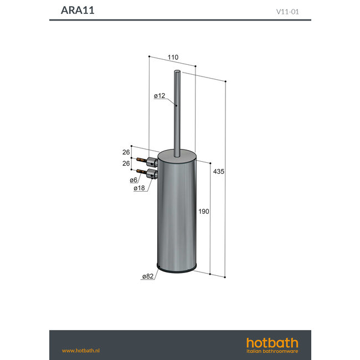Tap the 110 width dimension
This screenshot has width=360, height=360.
point(172,58)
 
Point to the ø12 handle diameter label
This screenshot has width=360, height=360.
point(160,96)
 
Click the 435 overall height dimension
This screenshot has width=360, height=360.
point(218,172)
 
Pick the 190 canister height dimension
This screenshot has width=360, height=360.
point(203,212)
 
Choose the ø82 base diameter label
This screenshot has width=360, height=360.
point(148,276)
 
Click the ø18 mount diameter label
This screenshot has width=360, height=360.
point(140,188)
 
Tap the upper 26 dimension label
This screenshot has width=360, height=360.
point(126,152)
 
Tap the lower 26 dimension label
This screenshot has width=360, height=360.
point(126,163)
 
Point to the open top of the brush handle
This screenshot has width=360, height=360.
point(177,72)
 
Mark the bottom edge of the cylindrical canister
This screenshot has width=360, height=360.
point(177,271)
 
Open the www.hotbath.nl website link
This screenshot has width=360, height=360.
point(80,351)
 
